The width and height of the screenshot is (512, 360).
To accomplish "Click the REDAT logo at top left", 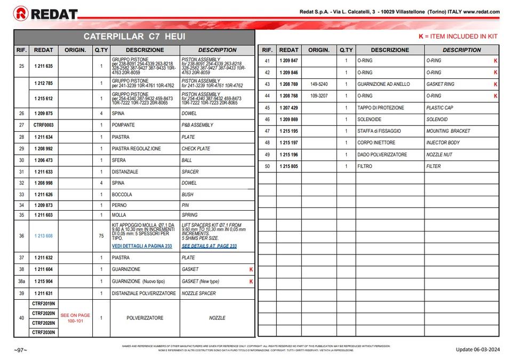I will pos(46,13).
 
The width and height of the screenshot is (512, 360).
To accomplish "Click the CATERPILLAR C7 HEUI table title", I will pos(134,37).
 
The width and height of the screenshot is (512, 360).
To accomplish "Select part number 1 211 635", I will pos(44,66).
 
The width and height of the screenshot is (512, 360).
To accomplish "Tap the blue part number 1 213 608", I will pos(44,236).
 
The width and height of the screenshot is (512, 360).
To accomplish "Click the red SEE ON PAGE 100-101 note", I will pos(75,318).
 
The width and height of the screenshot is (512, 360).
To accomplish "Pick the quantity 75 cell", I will pos(101,236).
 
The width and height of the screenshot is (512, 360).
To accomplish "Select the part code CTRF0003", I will pos(43,125).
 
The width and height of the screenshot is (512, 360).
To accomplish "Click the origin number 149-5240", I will pos(319,84).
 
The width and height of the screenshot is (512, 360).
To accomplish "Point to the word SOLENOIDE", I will pos(370,119).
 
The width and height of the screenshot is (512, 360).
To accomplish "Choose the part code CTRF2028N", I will pos(43,323).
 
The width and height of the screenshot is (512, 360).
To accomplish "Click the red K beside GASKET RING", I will pos(495,84).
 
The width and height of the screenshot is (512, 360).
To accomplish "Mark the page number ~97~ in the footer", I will pos(20,349).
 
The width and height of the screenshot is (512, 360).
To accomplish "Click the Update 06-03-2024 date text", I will pos(477,349).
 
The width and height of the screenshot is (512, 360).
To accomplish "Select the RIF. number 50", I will pos(267,166).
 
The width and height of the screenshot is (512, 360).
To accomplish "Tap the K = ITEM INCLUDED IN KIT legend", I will pos(458,37).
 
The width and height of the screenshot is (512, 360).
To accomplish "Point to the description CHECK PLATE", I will pos(196,149).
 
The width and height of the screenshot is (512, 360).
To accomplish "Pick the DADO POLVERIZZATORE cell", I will pos(382,155).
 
